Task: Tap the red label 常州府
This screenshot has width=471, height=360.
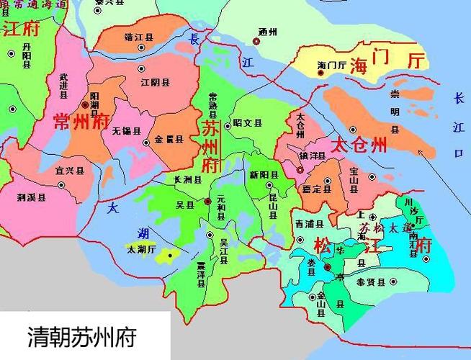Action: click(x=80, y=121)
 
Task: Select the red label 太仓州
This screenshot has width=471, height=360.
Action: click(x=359, y=144)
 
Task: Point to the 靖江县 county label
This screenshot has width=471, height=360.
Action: click(x=138, y=36)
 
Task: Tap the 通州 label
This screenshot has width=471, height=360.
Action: click(x=267, y=31)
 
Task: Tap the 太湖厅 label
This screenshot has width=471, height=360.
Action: click(x=141, y=250)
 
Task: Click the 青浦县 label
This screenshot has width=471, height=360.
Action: click(x=309, y=223)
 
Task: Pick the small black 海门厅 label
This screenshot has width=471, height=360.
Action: click(x=332, y=66)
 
